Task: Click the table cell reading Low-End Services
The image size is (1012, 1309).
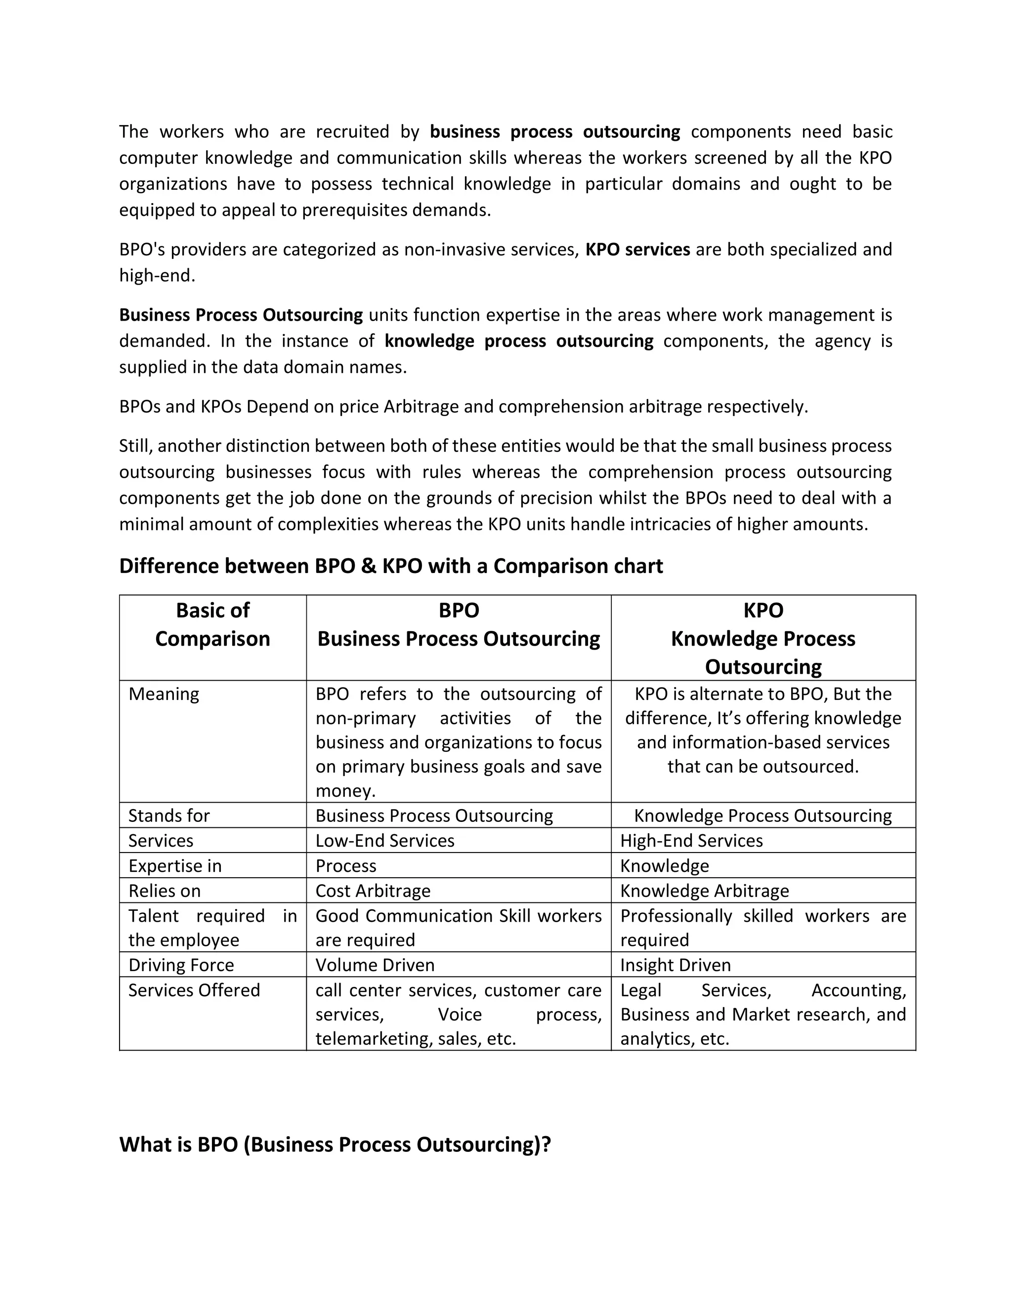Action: [384, 840]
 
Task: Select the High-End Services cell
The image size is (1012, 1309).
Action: [691, 840]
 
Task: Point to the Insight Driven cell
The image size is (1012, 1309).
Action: [675, 965]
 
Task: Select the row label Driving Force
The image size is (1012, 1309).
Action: [181, 965]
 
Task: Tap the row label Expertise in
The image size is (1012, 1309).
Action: [174, 865]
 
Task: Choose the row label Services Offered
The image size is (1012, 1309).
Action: [194, 990]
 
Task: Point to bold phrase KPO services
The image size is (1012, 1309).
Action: [637, 249]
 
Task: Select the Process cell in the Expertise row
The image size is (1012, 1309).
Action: [345, 865]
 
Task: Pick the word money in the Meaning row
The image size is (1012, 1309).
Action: [345, 791]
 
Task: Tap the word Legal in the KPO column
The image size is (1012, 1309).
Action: [640, 990]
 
